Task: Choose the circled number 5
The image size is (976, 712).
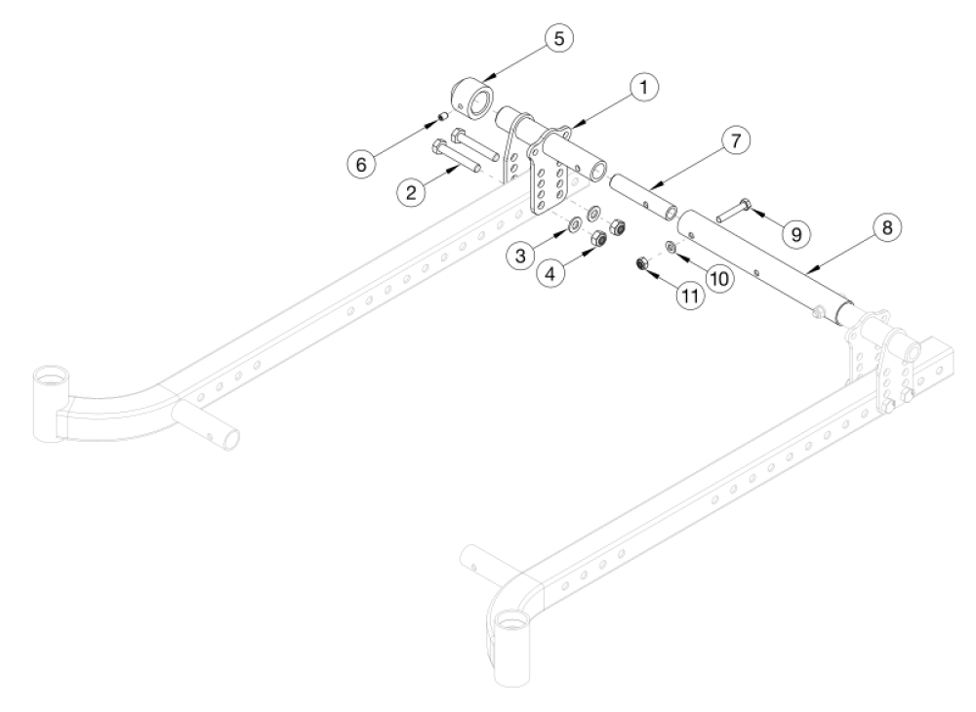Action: [x=559, y=39]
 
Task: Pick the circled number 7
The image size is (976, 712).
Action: [x=736, y=141]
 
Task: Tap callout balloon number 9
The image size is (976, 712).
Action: [x=796, y=234]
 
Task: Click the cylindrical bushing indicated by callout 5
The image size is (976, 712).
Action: [x=474, y=98]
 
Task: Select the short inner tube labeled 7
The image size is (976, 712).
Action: [x=643, y=194]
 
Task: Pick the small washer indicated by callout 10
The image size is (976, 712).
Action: [x=671, y=245]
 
